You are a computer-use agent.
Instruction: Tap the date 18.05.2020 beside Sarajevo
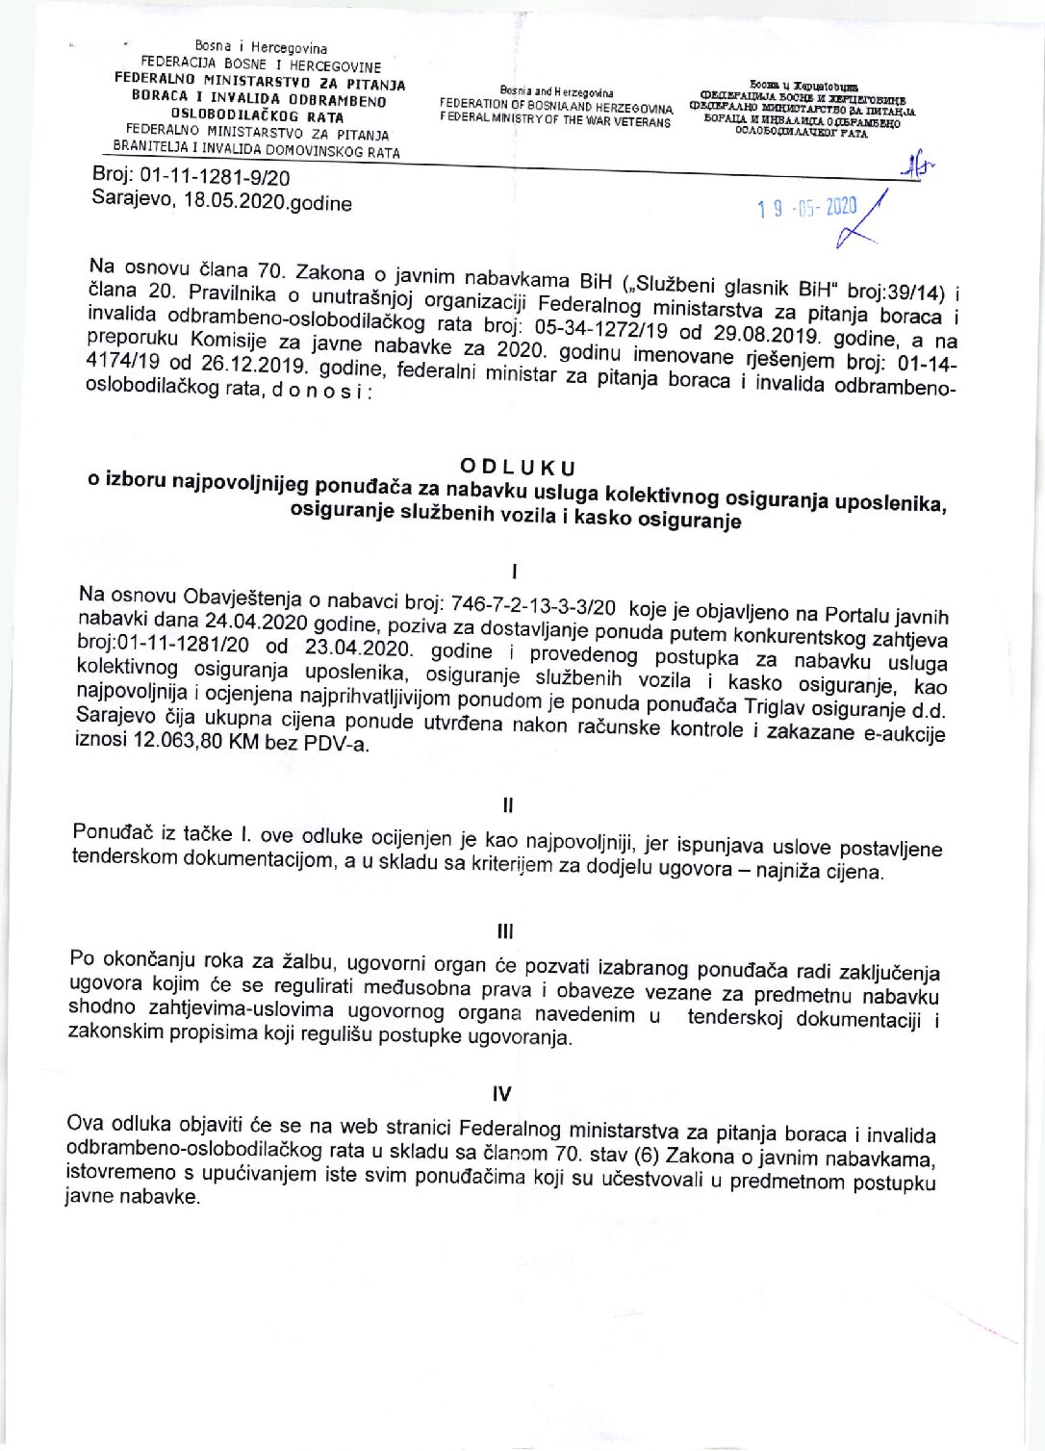(x=228, y=202)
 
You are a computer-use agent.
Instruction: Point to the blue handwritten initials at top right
(x=917, y=167)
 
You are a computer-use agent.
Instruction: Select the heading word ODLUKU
(x=518, y=468)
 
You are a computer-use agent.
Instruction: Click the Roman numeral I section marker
(x=516, y=572)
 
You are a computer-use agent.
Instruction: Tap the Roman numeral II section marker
(x=508, y=804)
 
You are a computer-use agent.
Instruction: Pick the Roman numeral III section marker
(x=505, y=931)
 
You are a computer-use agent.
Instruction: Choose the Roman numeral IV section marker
(x=501, y=1093)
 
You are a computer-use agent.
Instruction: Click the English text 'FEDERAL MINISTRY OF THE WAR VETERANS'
(x=555, y=122)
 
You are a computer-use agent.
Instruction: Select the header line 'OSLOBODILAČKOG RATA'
(x=257, y=117)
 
